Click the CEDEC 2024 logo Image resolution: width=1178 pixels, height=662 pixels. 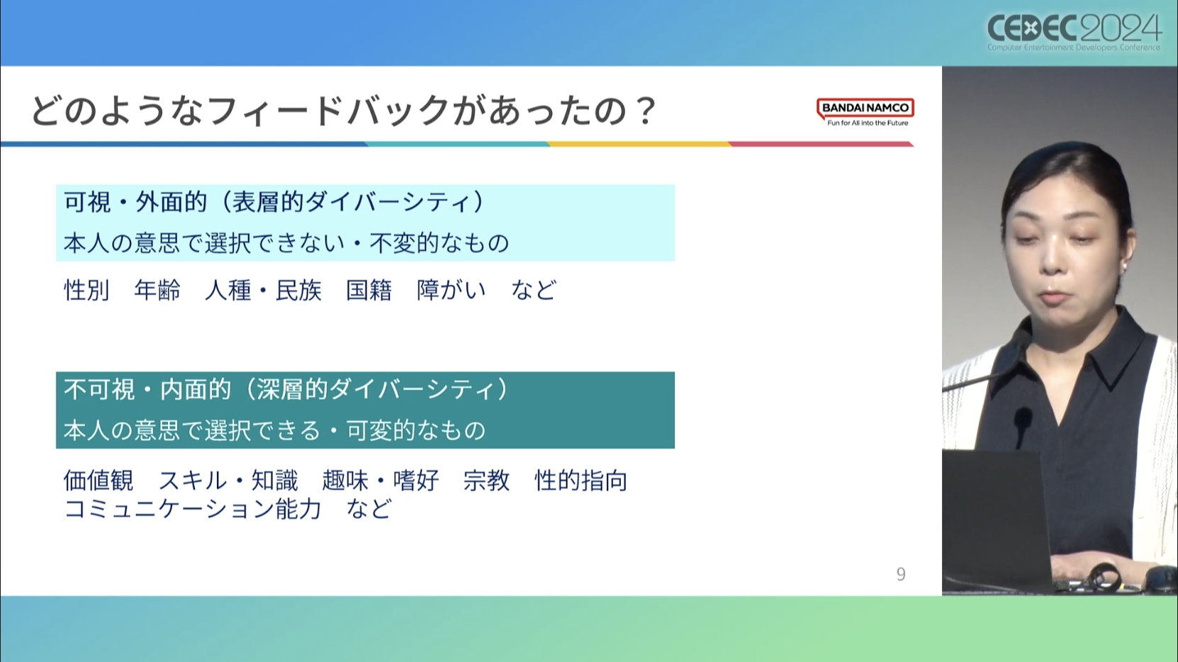click(x=1074, y=32)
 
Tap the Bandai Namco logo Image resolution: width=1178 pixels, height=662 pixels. click(x=865, y=112)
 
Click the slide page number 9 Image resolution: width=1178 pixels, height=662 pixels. click(x=901, y=574)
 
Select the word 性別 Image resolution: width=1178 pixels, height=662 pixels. click(x=86, y=291)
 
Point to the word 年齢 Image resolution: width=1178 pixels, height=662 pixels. click(x=157, y=291)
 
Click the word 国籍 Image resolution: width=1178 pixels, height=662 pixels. click(x=369, y=291)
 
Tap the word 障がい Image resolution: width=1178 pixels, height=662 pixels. click(x=451, y=291)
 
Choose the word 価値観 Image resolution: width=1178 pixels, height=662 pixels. click(x=99, y=481)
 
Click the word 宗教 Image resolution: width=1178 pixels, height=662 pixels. click(x=486, y=481)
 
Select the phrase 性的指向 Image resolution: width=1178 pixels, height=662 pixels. click(x=581, y=481)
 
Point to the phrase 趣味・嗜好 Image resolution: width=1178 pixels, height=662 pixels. click(x=381, y=481)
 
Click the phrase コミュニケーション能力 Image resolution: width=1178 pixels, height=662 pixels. click(x=193, y=509)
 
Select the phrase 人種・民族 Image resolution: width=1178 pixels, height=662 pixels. click(x=263, y=291)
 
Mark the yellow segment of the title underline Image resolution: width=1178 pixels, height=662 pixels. click(x=639, y=144)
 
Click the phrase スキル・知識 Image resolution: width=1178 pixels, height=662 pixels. click(x=228, y=481)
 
